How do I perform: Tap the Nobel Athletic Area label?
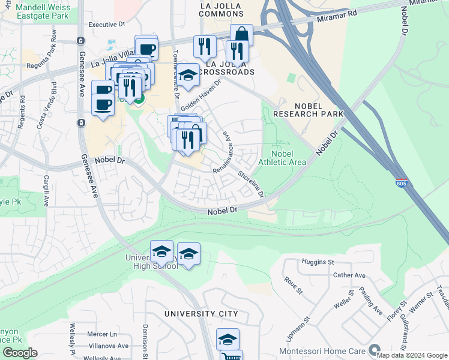[282, 158]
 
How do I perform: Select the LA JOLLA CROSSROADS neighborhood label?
[230, 68]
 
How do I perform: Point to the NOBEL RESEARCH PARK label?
[308, 109]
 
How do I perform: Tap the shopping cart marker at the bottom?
[231, 356]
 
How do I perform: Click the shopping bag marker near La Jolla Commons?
[241, 34]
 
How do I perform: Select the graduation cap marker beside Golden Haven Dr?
[188, 75]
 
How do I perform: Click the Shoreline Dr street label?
[250, 184]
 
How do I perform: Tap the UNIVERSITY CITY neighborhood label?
[202, 314]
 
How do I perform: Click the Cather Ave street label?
[349, 275]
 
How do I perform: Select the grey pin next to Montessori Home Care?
[375, 349]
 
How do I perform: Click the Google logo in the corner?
[20, 353]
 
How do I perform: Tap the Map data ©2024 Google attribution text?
[412, 355]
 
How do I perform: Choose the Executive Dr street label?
[106, 25]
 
